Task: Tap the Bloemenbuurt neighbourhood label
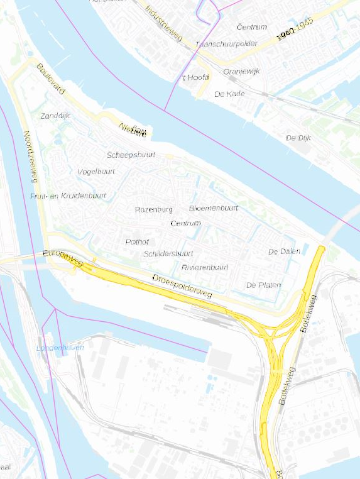click(214, 208)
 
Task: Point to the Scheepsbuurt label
click(131, 155)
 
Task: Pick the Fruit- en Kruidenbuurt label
click(68, 196)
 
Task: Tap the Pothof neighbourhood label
click(136, 241)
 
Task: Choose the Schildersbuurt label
click(168, 253)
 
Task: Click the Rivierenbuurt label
click(205, 267)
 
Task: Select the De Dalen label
click(284, 251)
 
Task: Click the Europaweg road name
click(62, 258)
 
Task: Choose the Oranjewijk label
click(241, 71)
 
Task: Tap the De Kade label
click(229, 94)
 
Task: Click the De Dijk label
click(298, 137)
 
